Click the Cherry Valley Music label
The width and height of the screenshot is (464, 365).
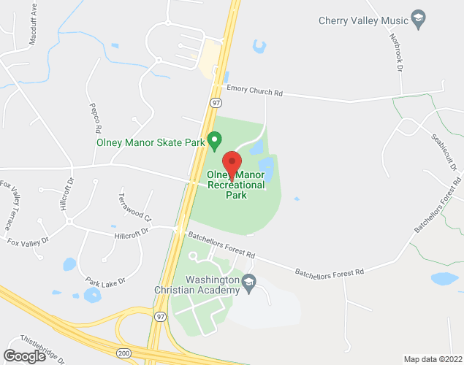click(362, 20)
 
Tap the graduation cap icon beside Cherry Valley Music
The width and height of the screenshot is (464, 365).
click(419, 19)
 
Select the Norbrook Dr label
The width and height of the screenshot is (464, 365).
click(397, 51)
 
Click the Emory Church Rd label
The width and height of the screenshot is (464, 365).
click(254, 93)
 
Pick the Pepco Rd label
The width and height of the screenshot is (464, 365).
click(93, 114)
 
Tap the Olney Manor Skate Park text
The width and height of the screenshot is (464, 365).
click(151, 143)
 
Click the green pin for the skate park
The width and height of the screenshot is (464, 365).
click(214, 139)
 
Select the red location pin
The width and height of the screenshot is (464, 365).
click(232, 164)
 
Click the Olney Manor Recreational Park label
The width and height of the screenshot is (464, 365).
click(236, 185)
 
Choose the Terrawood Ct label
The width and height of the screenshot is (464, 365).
click(135, 207)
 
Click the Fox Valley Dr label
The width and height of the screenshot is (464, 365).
click(27, 240)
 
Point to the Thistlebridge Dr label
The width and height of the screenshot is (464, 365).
click(42, 349)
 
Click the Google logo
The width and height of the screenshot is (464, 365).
click(23, 356)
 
